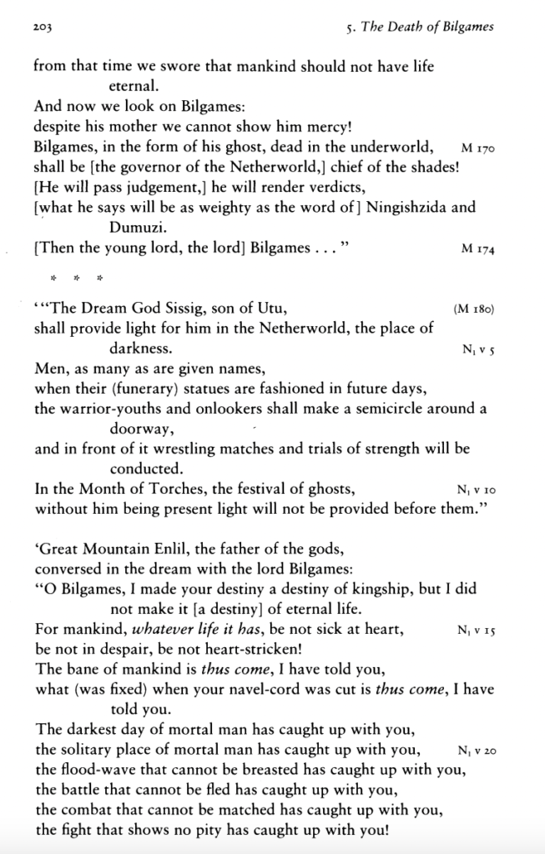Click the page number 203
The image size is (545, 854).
(43, 28)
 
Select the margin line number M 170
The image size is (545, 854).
(478, 148)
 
